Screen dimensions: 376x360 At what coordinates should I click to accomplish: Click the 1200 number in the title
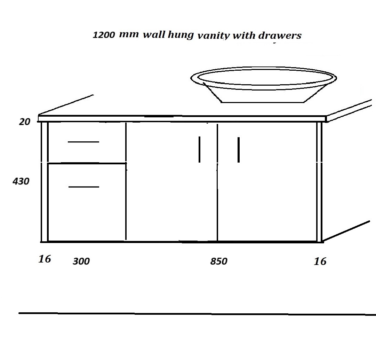pyautogui.click(x=104, y=35)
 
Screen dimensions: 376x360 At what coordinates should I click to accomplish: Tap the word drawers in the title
pyautogui.click(x=280, y=36)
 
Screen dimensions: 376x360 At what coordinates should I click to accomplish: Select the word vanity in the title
pyautogui.click(x=214, y=36)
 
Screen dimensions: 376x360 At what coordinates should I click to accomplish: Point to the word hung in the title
pyautogui.click(x=181, y=34)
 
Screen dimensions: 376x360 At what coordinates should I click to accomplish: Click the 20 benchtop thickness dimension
pyautogui.click(x=25, y=122)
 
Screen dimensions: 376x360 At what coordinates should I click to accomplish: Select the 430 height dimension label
pyautogui.click(x=21, y=181)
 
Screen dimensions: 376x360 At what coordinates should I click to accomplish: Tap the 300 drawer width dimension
pyautogui.click(x=81, y=261)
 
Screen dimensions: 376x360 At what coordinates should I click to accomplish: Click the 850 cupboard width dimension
pyautogui.click(x=219, y=261)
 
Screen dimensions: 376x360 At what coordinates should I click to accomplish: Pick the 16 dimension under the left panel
pyautogui.click(x=45, y=259)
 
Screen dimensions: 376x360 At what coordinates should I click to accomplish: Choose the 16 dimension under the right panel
pyautogui.click(x=320, y=261)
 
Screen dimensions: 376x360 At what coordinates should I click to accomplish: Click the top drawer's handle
pyautogui.click(x=83, y=142)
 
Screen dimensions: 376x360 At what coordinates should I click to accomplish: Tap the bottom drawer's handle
pyautogui.click(x=84, y=187)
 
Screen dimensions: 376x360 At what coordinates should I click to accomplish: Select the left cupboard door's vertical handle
pyautogui.click(x=200, y=149)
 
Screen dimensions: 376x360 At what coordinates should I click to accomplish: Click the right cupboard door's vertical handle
pyautogui.click(x=239, y=150)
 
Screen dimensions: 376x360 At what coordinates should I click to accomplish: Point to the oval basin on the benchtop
pyautogui.click(x=264, y=85)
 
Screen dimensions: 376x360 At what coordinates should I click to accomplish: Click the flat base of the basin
pyautogui.click(x=263, y=102)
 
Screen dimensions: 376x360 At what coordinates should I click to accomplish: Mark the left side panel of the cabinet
pyautogui.click(x=45, y=182)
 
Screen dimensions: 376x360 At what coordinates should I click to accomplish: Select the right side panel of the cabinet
pyautogui.click(x=319, y=182)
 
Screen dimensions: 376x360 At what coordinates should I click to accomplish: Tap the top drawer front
pyautogui.click(x=87, y=143)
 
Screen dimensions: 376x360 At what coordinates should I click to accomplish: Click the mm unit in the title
pyautogui.click(x=129, y=34)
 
